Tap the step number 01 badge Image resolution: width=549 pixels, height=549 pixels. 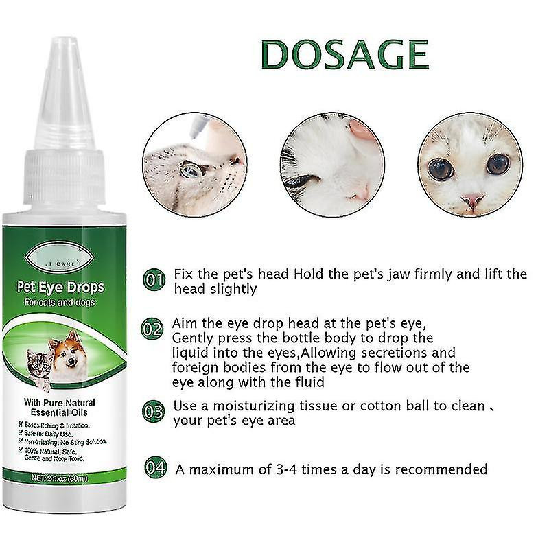154,281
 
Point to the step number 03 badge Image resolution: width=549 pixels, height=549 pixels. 154,412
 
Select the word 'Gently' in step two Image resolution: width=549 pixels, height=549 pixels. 194,338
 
